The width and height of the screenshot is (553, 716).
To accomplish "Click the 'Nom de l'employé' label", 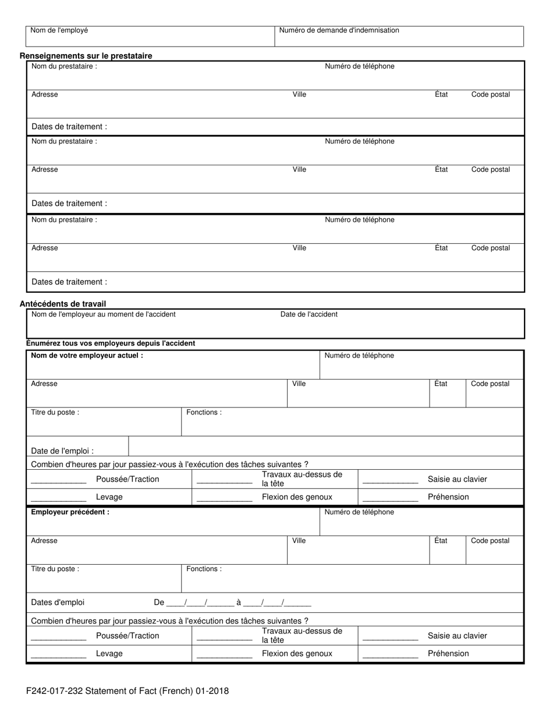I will (59, 30).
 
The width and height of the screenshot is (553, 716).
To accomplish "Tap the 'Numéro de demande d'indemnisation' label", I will (339, 30).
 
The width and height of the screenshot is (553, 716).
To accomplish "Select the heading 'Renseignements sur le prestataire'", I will (86, 56).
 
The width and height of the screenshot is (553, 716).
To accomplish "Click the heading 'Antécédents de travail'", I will (63, 304).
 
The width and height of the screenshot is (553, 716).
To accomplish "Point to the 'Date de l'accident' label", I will (309, 314).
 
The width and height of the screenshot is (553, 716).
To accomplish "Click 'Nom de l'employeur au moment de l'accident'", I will (103, 314).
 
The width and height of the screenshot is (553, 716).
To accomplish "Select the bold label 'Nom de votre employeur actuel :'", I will (87, 355).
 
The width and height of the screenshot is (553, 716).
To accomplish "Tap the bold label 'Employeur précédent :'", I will (70, 512).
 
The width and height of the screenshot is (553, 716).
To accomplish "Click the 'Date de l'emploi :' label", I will (62, 451).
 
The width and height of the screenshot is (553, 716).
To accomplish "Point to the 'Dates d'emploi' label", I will (58, 602).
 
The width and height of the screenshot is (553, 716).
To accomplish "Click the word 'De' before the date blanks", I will (159, 602).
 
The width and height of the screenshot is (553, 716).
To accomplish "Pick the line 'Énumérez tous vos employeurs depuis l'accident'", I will (111, 343).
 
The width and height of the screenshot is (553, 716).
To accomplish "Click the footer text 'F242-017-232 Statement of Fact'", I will (127, 691).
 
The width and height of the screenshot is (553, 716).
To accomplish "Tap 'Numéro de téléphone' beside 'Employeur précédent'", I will (359, 512).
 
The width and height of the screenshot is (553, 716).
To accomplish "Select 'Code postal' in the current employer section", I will (490, 384).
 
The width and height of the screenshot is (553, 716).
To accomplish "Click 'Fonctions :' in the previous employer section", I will (204, 569).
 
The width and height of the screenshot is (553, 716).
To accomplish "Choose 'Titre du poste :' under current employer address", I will (55, 412).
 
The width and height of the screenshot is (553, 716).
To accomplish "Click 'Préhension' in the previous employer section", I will (448, 653).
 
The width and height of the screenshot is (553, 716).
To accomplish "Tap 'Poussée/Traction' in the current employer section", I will (127, 479).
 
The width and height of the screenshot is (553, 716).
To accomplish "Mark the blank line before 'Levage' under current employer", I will (58, 500).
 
